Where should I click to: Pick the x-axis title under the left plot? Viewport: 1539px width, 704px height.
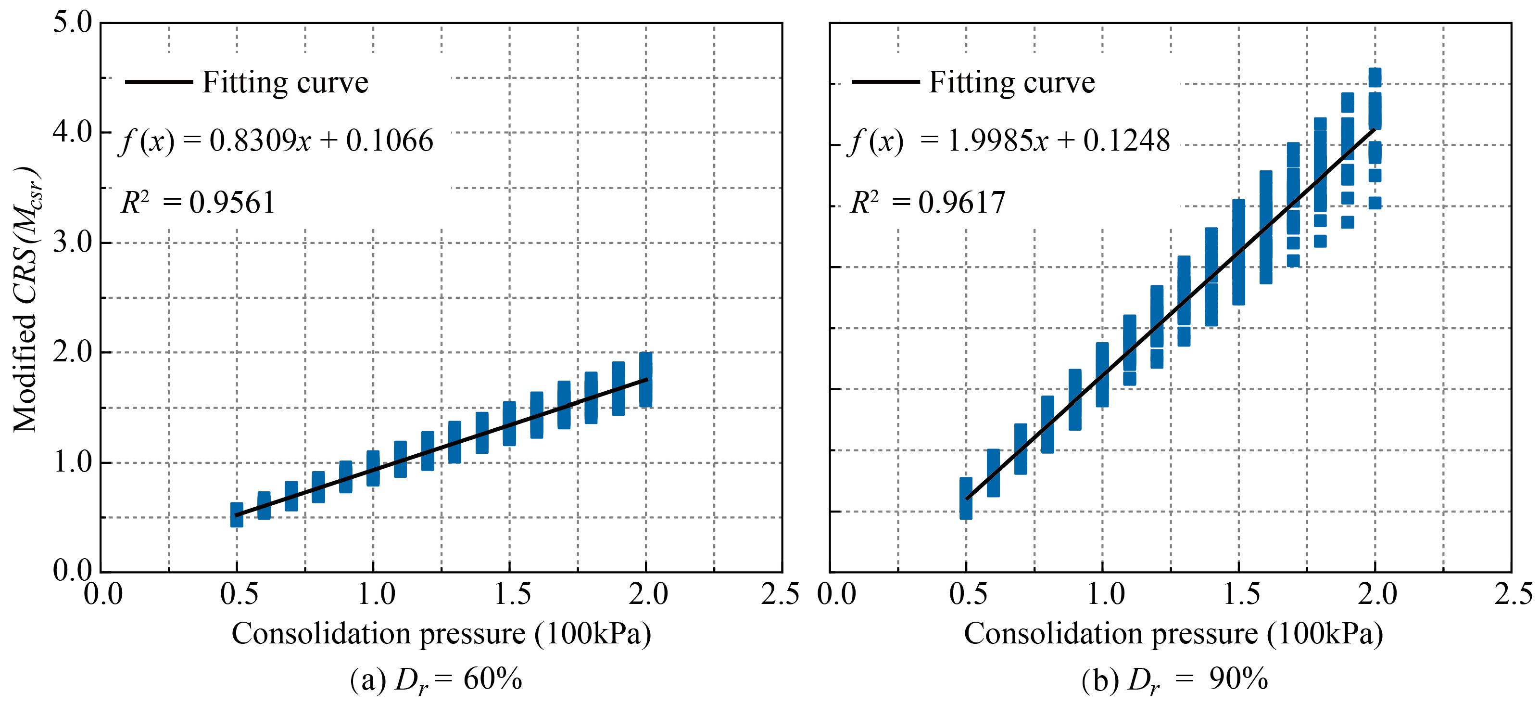pyautogui.click(x=441, y=633)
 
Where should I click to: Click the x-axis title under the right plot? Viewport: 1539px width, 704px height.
pyautogui.click(x=1173, y=633)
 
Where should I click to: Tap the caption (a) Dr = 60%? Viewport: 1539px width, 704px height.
pyautogui.click(x=436, y=680)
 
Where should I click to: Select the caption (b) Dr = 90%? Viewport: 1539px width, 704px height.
pyautogui.click(x=1174, y=680)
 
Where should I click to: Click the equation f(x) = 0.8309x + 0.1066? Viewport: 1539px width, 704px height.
pyautogui.click(x=276, y=141)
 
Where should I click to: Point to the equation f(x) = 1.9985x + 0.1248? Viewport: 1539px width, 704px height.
pyautogui.click(x=1009, y=141)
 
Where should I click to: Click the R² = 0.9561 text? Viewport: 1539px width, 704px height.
pyautogui.click(x=198, y=203)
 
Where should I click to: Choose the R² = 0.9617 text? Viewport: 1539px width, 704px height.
pyautogui.click(x=928, y=203)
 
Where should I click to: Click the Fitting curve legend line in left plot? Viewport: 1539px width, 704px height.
pyautogui.click(x=159, y=82)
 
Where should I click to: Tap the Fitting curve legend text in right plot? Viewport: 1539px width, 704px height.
pyautogui.click(x=1011, y=82)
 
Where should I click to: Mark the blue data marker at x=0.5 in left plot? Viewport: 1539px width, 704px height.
pyautogui.click(x=237, y=514)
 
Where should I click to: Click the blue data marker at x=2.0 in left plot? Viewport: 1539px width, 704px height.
pyautogui.click(x=646, y=380)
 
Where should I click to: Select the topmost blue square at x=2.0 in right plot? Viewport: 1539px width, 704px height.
pyautogui.click(x=1375, y=77)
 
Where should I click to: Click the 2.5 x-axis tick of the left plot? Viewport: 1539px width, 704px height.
pyautogui.click(x=780, y=594)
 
